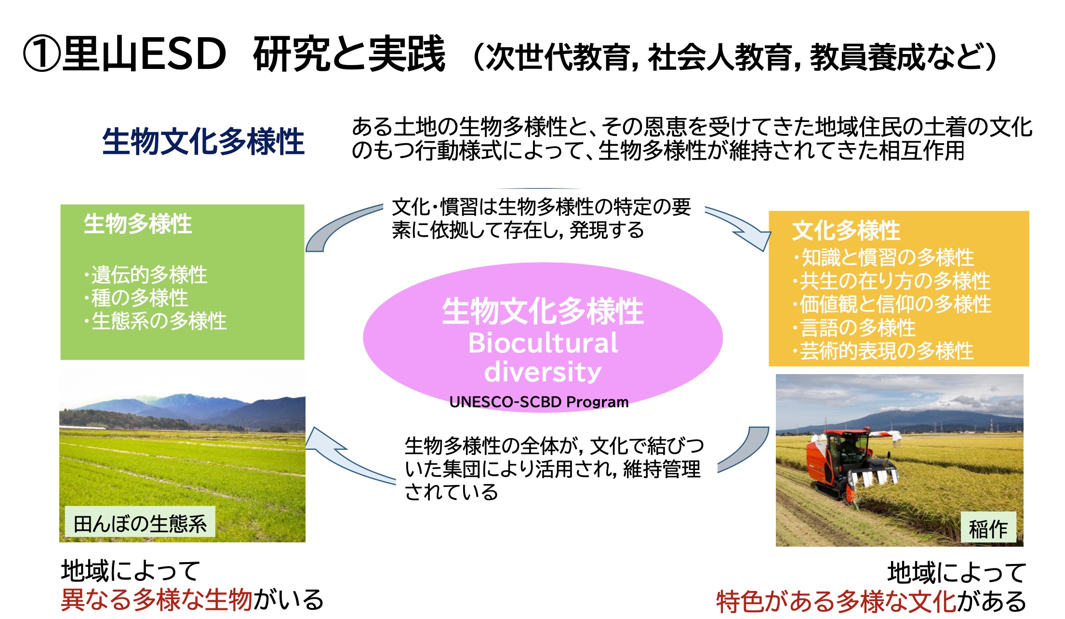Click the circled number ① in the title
click(x=41, y=54)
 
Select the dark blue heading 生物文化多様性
click(x=203, y=141)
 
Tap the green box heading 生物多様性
click(x=138, y=224)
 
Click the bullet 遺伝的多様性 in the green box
click(x=146, y=275)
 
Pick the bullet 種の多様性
click(x=136, y=298)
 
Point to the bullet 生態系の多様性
click(x=155, y=321)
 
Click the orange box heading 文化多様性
click(x=846, y=230)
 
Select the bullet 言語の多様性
click(x=854, y=328)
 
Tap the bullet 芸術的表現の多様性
click(x=883, y=351)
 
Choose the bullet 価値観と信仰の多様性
click(x=892, y=304)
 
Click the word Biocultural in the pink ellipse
click(x=543, y=343)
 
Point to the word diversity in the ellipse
click(x=543, y=372)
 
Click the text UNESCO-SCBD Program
click(x=539, y=402)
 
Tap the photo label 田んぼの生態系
click(x=140, y=524)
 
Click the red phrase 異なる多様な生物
click(x=157, y=600)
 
